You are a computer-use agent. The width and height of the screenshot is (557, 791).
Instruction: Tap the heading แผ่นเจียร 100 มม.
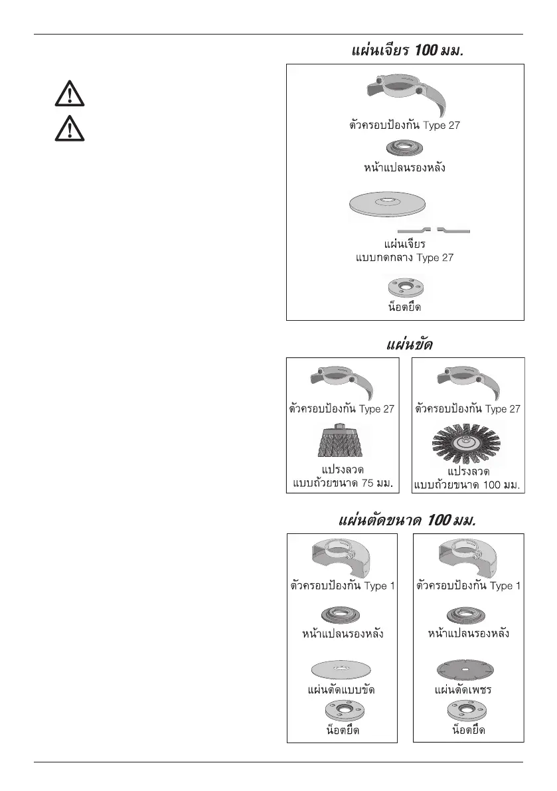click(x=405, y=50)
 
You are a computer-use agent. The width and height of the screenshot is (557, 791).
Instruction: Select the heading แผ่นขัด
click(x=405, y=345)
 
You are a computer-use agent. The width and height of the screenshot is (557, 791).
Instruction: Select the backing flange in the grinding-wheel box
click(x=405, y=147)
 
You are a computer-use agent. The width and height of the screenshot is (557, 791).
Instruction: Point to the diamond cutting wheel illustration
click(x=468, y=668)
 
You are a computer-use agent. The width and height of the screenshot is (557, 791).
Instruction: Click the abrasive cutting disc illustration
click(x=341, y=668)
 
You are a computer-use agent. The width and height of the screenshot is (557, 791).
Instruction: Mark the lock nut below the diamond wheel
click(x=468, y=711)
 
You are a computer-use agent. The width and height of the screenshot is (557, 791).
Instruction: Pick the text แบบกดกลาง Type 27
click(x=404, y=257)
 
